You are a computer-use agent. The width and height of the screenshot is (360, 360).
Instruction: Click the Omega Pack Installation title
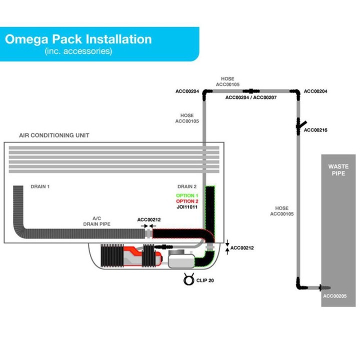click(x=78, y=39)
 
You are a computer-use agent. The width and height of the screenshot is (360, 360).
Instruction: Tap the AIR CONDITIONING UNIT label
click(x=54, y=135)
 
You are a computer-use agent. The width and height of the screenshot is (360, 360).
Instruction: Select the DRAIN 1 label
click(x=40, y=186)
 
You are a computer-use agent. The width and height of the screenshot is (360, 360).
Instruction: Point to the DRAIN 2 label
click(x=187, y=186)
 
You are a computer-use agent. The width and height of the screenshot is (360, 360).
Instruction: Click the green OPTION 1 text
click(x=187, y=195)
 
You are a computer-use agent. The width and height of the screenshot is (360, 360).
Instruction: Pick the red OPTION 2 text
click(x=187, y=201)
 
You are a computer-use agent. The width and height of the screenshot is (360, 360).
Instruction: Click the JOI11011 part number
click(x=187, y=207)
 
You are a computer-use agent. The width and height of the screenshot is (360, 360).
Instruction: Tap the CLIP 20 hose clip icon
click(x=189, y=279)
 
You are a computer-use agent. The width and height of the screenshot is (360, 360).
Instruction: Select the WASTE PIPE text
click(x=338, y=170)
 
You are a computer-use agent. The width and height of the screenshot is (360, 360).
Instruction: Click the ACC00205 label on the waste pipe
click(x=334, y=296)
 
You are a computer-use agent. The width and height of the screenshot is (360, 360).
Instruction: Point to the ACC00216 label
click(x=315, y=130)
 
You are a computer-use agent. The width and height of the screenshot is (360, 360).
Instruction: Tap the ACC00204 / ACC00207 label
click(x=250, y=97)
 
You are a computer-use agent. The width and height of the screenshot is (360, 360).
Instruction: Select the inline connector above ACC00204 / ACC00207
click(x=251, y=91)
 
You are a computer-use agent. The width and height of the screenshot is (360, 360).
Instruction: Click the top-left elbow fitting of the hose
click(x=206, y=93)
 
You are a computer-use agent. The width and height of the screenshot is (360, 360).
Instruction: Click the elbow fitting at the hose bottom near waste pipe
click(x=299, y=285)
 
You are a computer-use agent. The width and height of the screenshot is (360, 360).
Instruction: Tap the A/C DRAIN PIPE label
click(x=96, y=221)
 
